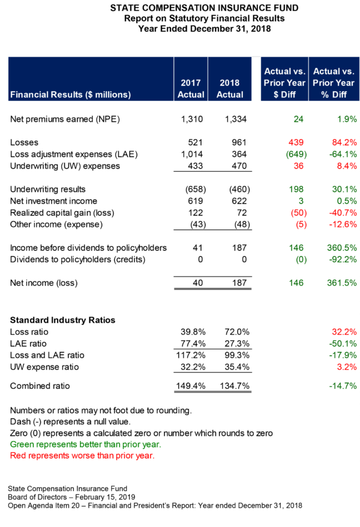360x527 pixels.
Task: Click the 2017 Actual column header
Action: point(191,88)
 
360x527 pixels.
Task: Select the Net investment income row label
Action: point(54,201)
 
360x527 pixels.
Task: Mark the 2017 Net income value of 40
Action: point(199,283)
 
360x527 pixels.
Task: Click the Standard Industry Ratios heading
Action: point(62,320)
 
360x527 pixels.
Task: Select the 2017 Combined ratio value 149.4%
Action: point(193,385)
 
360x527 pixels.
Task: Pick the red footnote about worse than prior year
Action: point(82,456)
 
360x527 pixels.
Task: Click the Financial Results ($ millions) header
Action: point(71,94)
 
